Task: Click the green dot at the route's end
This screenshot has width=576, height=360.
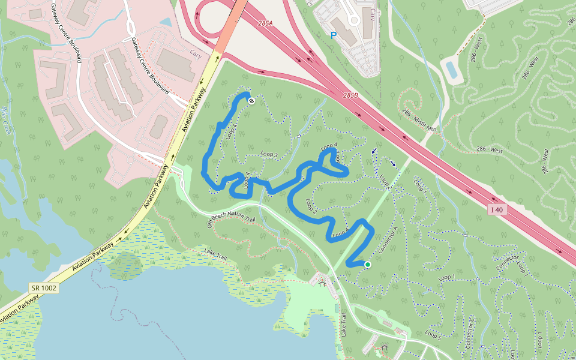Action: (x=367, y=264)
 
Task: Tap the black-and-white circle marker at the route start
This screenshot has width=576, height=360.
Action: (x=251, y=101)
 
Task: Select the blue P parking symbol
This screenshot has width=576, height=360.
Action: (x=334, y=35)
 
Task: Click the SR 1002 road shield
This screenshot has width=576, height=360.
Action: (x=43, y=288)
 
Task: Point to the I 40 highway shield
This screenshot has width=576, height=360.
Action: (x=496, y=209)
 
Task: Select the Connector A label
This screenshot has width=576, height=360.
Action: (x=388, y=239)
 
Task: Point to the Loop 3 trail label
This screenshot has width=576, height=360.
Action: (x=269, y=155)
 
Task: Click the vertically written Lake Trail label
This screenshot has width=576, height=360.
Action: (x=344, y=325)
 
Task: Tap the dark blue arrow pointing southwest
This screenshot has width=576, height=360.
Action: (x=374, y=151)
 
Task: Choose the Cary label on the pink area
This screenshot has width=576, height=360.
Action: (x=196, y=53)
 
